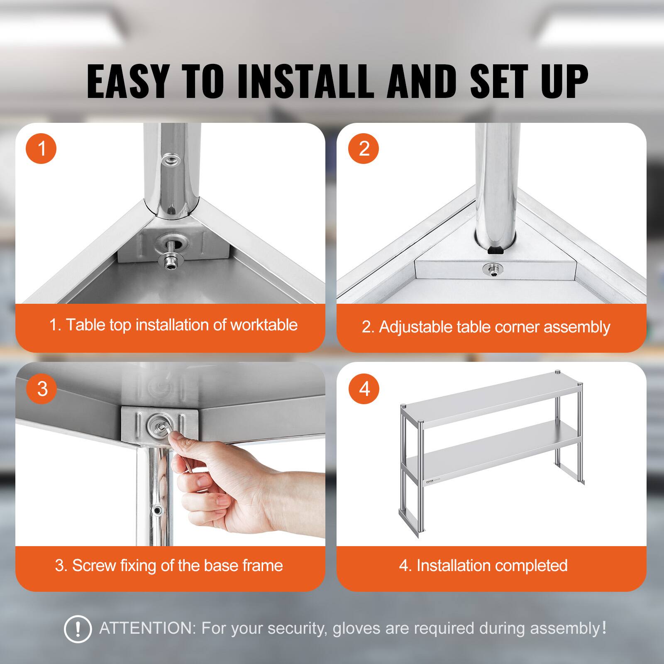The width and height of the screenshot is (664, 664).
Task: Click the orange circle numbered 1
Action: click(41, 148)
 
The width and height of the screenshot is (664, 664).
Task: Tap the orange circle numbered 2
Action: click(364, 148)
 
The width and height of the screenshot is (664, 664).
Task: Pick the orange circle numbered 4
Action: click(364, 389)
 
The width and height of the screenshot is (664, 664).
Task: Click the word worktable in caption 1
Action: click(264, 325)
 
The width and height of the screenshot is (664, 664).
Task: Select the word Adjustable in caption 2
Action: click(415, 327)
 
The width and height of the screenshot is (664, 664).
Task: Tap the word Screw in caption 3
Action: click(94, 565)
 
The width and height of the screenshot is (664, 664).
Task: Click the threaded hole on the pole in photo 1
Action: click(170, 159)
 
